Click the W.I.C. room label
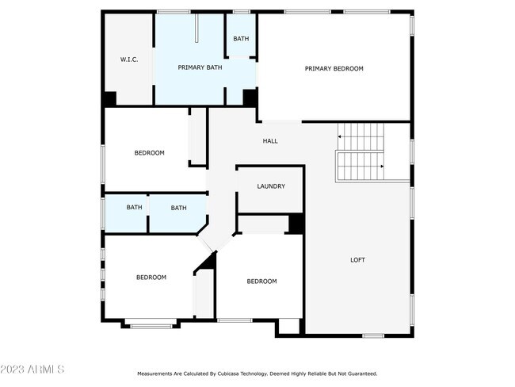tap(129, 59)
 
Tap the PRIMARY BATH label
tap(200, 67)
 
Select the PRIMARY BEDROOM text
tap(334, 69)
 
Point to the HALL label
tap(270, 141)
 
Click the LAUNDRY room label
tap(270, 186)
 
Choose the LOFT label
tap(358, 259)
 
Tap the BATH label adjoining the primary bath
tap(240, 38)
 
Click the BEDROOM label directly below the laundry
tap(261, 282)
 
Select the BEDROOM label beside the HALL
tap(149, 153)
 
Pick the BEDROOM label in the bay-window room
tap(151, 277)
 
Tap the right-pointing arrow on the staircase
tap(383, 166)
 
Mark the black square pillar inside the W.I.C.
tap(110, 98)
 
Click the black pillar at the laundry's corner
tap(296, 224)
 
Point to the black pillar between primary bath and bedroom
tap(250, 98)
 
